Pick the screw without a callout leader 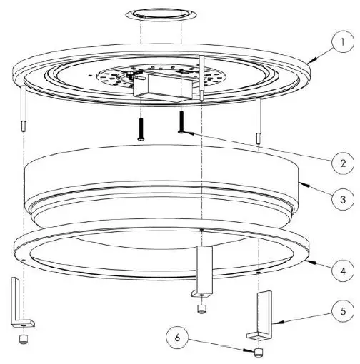[141, 128]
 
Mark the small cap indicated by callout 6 [258, 352]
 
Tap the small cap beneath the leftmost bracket [25, 338]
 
